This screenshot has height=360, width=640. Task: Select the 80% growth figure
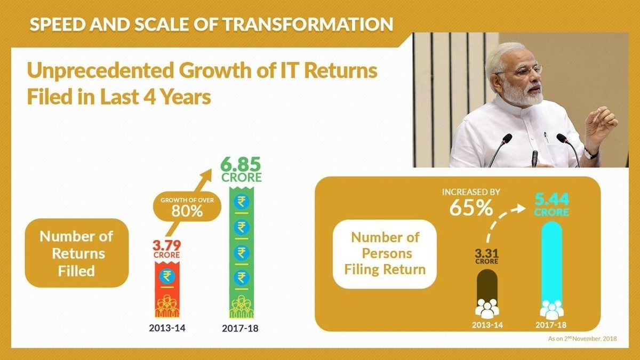coord(187,210)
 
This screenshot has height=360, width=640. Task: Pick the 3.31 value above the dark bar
coord(486,250)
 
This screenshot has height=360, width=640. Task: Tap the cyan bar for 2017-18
coord(551,267)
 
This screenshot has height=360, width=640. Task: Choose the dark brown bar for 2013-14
coord(486,291)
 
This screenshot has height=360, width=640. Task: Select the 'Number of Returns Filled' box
coord(76,253)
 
